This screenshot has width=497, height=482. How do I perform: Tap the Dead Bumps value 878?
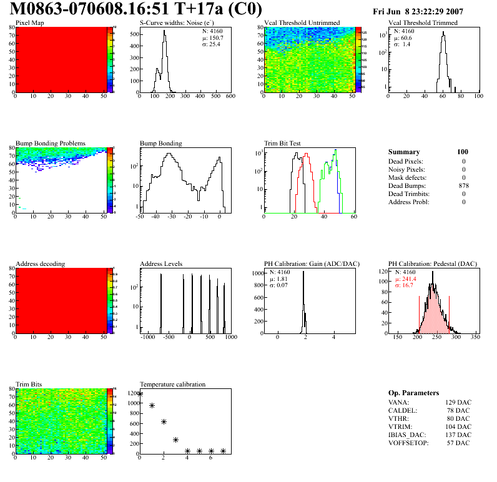point(463,185)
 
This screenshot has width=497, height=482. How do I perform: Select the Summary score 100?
point(463,152)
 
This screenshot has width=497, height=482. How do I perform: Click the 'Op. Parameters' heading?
point(413,393)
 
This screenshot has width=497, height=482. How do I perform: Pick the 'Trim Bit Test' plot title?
point(283,143)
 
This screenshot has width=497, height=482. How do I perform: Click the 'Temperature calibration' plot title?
point(172,384)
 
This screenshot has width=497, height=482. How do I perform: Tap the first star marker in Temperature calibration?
point(140,393)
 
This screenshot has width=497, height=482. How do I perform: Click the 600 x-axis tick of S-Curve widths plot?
point(230,96)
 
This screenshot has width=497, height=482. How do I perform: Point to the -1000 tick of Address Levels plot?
point(147,337)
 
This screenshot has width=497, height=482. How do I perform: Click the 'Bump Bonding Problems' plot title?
point(50,143)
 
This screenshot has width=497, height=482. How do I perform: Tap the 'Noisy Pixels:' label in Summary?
point(406,169)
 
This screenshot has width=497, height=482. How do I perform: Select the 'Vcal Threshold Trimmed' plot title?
point(423,22)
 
